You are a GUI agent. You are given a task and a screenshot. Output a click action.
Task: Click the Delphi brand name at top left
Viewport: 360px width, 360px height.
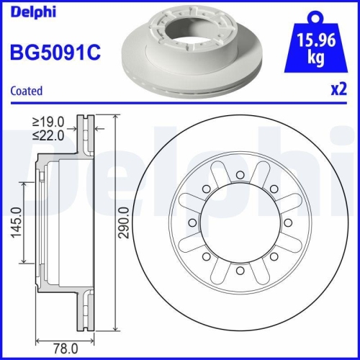[x=33, y=12]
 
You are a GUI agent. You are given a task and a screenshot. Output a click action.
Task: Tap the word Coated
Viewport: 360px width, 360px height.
[x=26, y=91]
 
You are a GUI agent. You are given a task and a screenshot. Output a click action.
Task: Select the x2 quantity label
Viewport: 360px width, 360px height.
[x=334, y=91]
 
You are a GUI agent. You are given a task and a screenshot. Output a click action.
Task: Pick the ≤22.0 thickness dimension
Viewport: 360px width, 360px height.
[x=50, y=134]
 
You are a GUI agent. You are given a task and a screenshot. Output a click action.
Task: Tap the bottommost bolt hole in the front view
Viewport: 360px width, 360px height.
[x=238, y=271]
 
